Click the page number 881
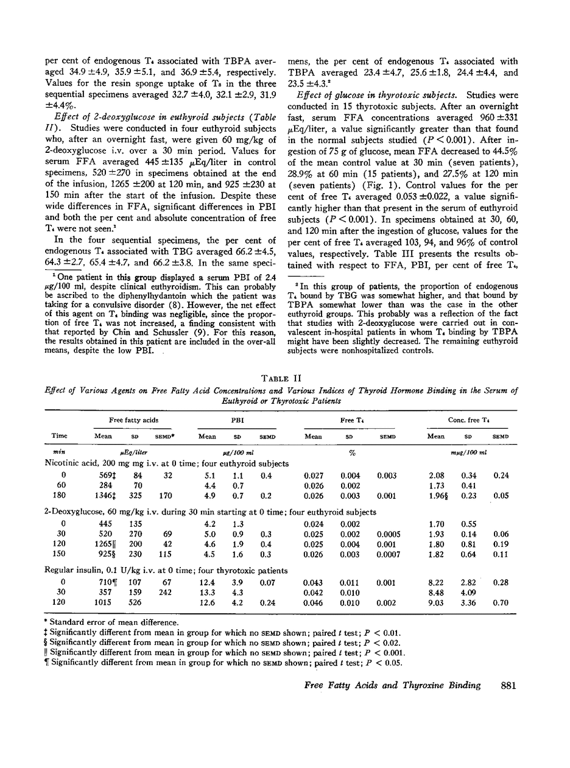[x=508, y=685]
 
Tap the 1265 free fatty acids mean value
[x=106, y=543]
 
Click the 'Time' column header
[x=60, y=435]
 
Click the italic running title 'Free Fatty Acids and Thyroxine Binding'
[x=392, y=685]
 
